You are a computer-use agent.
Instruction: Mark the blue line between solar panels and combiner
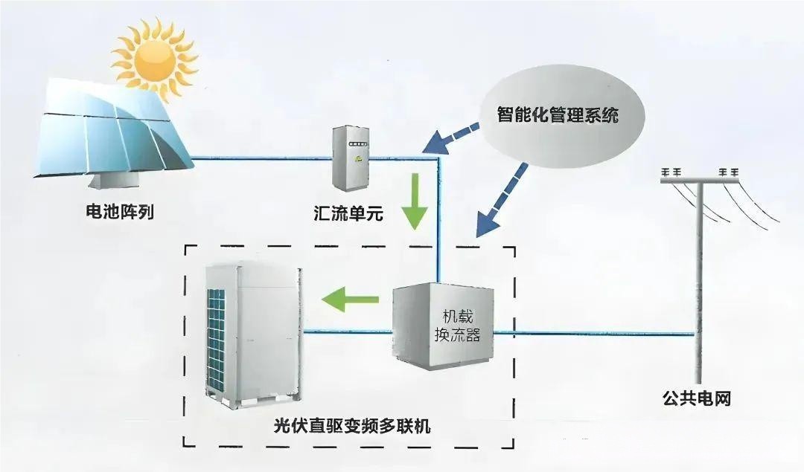pyautogui.click(x=261, y=158)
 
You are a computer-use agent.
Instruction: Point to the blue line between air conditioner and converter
pyautogui.click(x=346, y=333)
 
